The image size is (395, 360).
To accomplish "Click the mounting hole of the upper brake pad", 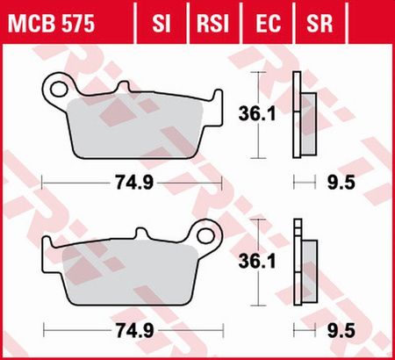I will [59, 87].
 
